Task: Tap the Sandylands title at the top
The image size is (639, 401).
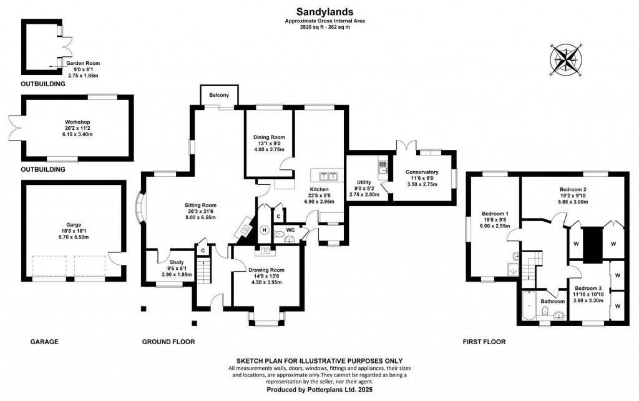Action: click(x=324, y=11)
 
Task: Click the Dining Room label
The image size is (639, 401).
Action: click(x=269, y=137)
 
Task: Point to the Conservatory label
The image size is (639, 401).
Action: click(x=422, y=172)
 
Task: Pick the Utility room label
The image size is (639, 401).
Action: click(x=364, y=182)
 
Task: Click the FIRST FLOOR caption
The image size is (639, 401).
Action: click(x=484, y=342)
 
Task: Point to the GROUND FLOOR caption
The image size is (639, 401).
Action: click(x=168, y=342)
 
